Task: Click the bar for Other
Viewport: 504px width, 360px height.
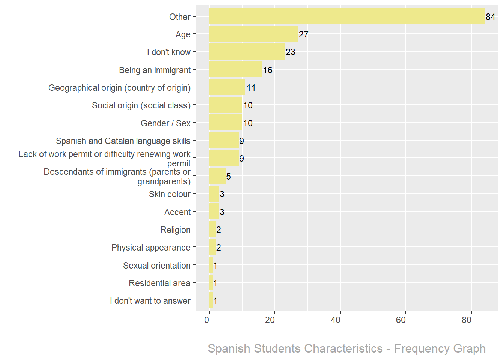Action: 346,16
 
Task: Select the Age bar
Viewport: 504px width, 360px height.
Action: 253,34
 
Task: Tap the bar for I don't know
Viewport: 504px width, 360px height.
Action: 247,52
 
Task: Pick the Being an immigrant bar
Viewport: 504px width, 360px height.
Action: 235,69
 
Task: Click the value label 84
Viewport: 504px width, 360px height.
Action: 490,17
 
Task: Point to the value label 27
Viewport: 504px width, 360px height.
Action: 303,34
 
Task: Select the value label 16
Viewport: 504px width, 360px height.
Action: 268,70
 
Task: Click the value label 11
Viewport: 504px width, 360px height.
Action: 251,88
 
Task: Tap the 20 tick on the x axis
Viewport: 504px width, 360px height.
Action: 270,320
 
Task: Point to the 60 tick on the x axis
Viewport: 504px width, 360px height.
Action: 401,320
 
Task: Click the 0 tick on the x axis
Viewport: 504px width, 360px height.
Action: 207,320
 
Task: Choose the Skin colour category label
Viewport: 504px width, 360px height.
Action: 169,194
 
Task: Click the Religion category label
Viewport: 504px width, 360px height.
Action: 175,230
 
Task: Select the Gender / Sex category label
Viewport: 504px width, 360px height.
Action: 165,123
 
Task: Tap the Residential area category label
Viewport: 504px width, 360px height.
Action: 159,283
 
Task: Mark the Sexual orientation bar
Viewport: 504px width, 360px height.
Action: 211,265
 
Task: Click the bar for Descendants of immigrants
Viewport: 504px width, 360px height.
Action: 217,176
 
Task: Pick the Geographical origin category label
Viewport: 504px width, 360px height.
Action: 119,88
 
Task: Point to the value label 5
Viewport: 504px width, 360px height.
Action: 228,177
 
